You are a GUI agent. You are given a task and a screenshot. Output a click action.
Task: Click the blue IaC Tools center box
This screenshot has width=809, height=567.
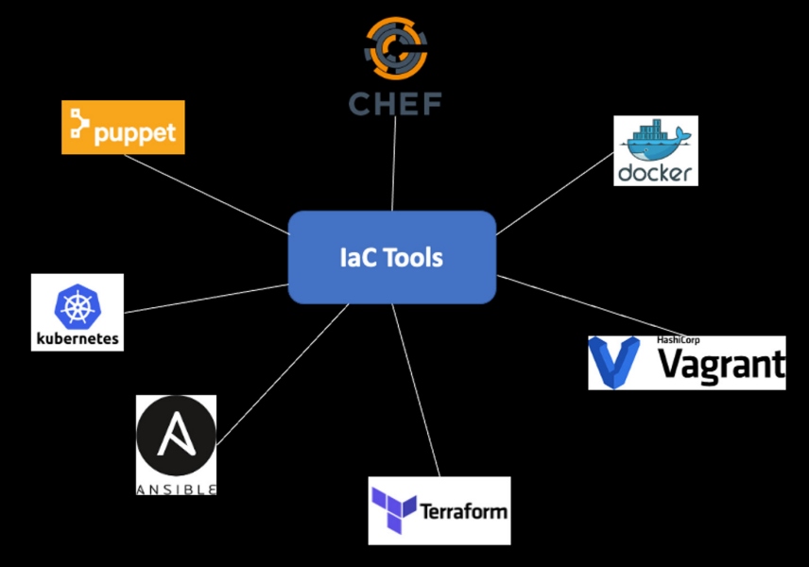pos(391,257)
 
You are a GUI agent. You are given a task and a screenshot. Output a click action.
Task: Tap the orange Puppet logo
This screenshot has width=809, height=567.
pos(123,128)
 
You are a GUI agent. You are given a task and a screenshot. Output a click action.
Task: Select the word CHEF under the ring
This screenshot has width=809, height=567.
pos(395,102)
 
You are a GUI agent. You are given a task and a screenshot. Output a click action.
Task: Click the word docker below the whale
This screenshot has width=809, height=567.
pos(655,172)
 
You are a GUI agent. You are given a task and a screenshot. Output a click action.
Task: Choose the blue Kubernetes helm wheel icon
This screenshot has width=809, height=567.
pos(77,304)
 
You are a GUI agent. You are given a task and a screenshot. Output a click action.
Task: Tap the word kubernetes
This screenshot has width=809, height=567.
pos(77,337)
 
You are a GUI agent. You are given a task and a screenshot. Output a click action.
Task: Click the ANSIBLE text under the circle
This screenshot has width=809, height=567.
pos(176,489)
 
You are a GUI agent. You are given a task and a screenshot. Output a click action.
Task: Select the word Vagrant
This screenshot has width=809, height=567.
pos(720,365)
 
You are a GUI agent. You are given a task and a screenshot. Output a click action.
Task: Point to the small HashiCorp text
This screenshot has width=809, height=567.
pos(678,340)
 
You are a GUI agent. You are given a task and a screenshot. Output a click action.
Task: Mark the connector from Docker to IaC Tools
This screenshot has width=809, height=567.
pos(555,193)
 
